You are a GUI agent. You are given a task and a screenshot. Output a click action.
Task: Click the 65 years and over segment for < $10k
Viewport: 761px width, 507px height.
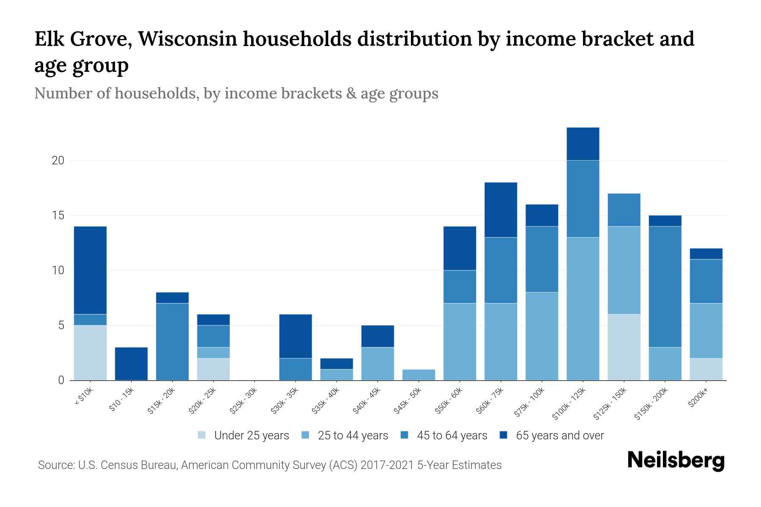point(90,270)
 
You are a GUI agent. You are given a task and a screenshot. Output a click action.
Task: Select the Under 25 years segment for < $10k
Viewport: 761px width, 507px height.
point(90,352)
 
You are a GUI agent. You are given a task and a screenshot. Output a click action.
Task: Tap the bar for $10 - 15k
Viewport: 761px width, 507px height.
point(131,364)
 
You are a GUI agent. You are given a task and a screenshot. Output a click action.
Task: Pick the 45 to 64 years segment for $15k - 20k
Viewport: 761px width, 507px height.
point(172,341)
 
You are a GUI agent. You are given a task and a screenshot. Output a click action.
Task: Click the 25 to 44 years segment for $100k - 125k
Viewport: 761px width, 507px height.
point(583,308)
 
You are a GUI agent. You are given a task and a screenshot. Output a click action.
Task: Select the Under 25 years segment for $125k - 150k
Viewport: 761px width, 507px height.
point(624,347)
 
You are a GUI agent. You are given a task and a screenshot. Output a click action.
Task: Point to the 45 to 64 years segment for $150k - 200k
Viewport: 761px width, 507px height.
point(665,287)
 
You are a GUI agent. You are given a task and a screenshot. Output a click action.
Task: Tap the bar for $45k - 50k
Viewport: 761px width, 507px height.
point(419,375)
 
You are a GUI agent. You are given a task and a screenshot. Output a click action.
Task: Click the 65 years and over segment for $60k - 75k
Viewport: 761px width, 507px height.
point(501,210)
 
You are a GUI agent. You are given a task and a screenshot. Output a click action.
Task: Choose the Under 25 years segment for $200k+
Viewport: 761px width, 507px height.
point(706,369)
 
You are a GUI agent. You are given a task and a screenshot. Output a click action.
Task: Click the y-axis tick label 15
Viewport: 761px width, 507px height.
point(58,215)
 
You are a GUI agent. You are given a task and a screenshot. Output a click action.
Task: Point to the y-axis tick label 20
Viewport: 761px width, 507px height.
point(58,161)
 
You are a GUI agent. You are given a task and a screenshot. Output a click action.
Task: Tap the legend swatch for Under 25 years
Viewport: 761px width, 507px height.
point(202,435)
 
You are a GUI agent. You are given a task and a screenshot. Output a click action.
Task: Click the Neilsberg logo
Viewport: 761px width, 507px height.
point(676,461)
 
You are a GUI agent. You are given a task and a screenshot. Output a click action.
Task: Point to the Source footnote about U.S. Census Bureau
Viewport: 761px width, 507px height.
point(270,465)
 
